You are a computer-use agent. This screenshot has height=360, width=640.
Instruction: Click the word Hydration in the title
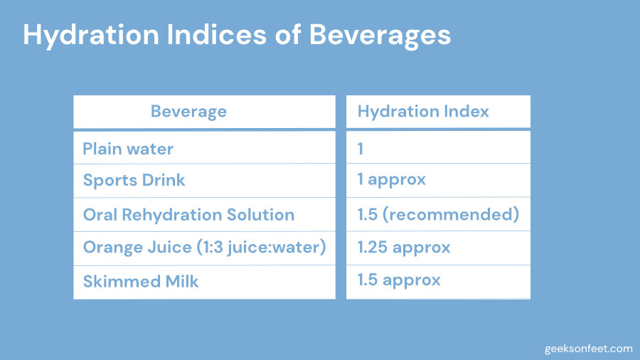pyautogui.click(x=91, y=36)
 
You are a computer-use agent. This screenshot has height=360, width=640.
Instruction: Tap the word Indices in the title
pyautogui.click(x=217, y=34)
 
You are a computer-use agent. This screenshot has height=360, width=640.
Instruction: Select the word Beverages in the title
pyautogui.click(x=380, y=36)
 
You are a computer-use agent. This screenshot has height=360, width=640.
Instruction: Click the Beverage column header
pyautogui.click(x=188, y=112)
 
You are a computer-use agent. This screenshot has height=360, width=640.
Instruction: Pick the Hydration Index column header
pyautogui.click(x=423, y=112)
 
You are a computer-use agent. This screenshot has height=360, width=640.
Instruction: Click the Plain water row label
pyautogui.click(x=128, y=149)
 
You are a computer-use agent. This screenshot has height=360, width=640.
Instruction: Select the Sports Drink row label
pyautogui.click(x=134, y=181)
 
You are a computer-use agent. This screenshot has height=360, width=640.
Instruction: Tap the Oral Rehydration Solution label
pyautogui.click(x=188, y=215)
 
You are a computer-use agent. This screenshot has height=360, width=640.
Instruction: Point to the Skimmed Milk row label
pyautogui.click(x=141, y=281)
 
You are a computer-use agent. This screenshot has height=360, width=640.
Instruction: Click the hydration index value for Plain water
pyautogui.click(x=361, y=149)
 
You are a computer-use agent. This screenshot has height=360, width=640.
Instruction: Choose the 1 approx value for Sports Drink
pyautogui.click(x=391, y=180)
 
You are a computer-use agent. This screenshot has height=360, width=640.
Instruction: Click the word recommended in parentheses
pyautogui.click(x=451, y=214)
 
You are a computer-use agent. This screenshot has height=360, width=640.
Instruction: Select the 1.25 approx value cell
pyautogui.click(x=404, y=248)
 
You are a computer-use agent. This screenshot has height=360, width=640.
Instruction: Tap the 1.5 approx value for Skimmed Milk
pyautogui.click(x=399, y=280)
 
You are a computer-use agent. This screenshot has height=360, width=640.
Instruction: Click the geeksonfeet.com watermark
pyautogui.click(x=588, y=349)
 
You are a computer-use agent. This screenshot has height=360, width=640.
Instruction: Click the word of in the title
pyautogui.click(x=288, y=34)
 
